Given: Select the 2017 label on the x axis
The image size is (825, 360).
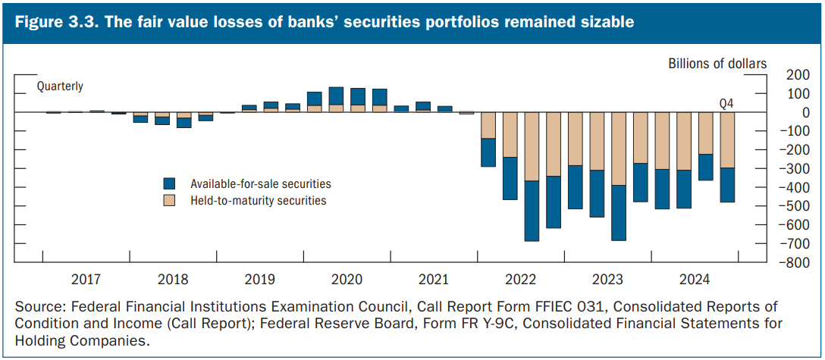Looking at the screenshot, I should coord(85,279).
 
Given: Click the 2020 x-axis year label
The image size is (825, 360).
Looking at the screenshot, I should coord(346,279).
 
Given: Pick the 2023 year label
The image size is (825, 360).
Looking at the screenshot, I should coord(607,279).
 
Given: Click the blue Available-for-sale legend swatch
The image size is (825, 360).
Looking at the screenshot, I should coord(170,183).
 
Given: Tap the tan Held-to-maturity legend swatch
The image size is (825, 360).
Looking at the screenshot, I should coord(170,201).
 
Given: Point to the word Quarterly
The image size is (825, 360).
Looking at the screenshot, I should coord(60,86).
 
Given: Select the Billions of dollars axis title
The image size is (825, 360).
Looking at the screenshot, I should coord(717,64).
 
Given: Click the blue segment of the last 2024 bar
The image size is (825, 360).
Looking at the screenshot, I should coord(727,185).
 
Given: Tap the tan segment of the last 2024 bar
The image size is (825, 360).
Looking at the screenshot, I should coord(727,140).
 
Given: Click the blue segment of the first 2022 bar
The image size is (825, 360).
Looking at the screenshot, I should coord(488,152).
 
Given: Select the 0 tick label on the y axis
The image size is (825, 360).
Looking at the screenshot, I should coord(785,112).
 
